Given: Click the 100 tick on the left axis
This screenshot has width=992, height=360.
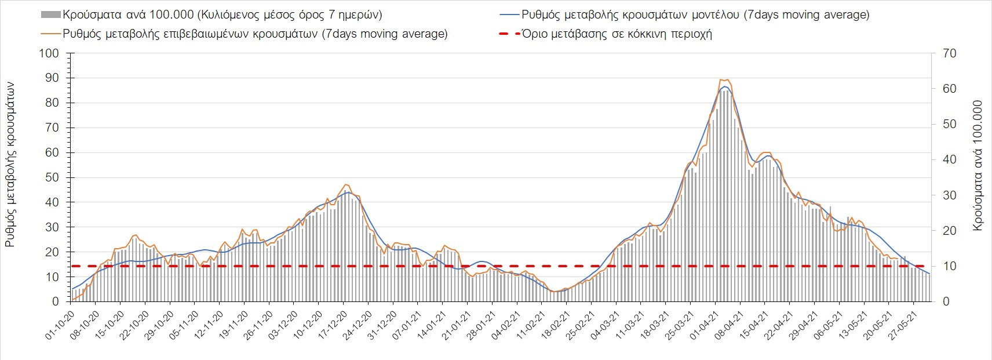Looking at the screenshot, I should click(49, 53).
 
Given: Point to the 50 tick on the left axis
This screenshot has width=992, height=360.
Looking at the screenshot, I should click(52, 177).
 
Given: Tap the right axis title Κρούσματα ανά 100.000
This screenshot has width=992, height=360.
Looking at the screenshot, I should click(978, 166).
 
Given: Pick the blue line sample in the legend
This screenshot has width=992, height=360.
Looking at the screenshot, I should click(508, 14).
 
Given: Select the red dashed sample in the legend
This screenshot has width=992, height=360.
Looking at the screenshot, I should click(508, 34).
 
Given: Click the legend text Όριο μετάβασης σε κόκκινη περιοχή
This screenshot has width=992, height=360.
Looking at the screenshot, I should click(617, 34).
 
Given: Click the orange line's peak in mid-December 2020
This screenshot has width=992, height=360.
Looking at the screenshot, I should click(345, 184).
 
